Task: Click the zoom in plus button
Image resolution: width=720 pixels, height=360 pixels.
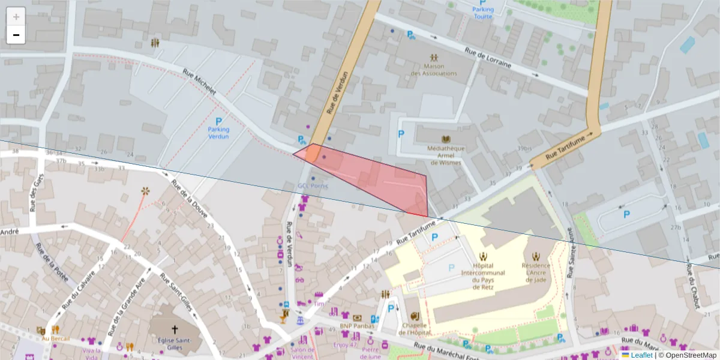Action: [x=16, y=17]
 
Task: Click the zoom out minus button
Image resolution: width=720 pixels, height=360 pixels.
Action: [x=16, y=35]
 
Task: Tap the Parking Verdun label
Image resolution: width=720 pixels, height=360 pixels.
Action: [x=218, y=133]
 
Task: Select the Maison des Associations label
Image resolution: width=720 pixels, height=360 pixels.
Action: [x=434, y=70]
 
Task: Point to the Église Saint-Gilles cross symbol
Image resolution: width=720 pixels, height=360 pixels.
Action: [x=175, y=329]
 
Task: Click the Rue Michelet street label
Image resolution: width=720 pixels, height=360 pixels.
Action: [x=199, y=82]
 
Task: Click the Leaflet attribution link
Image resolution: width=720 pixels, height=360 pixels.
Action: [x=641, y=355]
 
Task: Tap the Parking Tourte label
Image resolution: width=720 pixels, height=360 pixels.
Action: [x=483, y=13]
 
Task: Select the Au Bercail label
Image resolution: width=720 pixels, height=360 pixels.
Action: [x=56, y=339]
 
